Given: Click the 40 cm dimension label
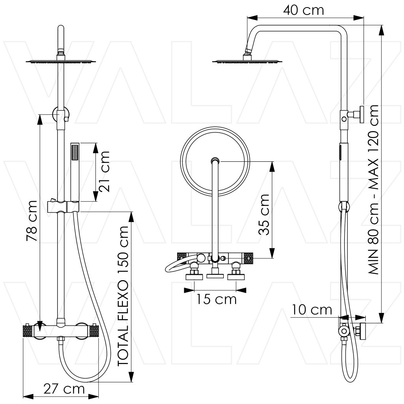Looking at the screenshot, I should (303, 10).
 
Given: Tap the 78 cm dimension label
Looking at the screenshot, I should (32, 221).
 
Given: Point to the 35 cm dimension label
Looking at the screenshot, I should (264, 215).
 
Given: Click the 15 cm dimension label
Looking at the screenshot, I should (217, 299).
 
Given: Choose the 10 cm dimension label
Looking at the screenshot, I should (312, 310).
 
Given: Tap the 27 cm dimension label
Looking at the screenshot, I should (64, 389).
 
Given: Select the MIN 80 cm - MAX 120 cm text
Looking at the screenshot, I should (373, 190).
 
